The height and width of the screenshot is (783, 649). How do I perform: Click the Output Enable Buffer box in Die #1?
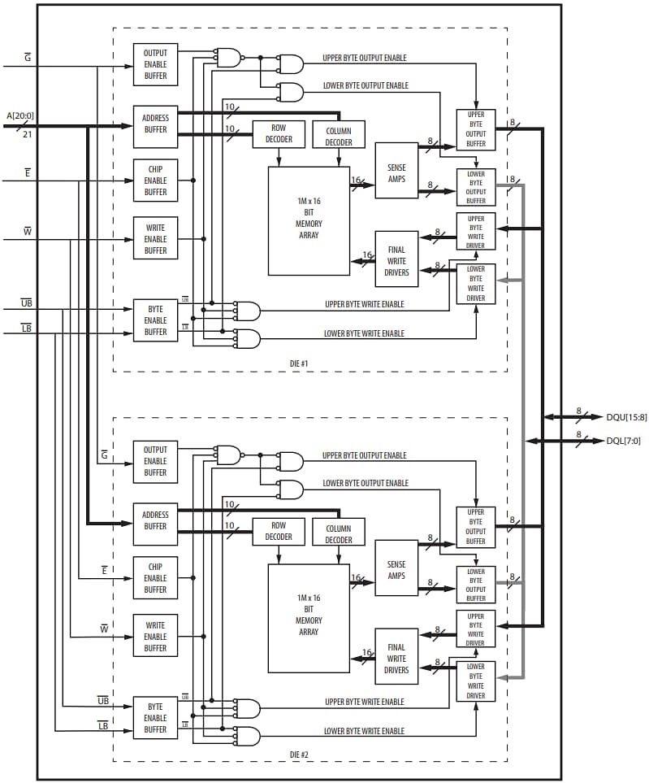tap(155, 64)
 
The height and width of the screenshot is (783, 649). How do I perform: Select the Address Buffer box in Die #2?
tap(155, 520)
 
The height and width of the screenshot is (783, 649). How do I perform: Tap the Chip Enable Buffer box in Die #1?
tap(155, 181)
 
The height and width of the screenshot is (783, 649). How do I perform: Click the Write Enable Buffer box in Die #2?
tap(155, 637)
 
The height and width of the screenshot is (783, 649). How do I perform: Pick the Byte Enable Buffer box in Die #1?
tap(155, 320)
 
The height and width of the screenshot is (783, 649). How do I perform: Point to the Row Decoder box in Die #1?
tap(279, 134)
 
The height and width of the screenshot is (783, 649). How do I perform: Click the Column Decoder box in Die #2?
tap(339, 534)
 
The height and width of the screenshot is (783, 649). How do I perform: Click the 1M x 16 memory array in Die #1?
tap(309, 220)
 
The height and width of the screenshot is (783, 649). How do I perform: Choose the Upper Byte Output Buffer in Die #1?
tap(476, 129)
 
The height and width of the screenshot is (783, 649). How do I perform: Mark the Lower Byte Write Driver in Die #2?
tap(476, 681)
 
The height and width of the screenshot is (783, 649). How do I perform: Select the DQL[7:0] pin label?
tap(624, 441)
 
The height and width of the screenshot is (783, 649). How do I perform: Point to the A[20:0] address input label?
tap(22, 115)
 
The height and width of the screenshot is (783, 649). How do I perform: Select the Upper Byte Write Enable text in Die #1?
tap(364, 304)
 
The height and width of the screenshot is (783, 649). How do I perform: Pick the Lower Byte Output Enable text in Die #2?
tap(366, 483)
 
